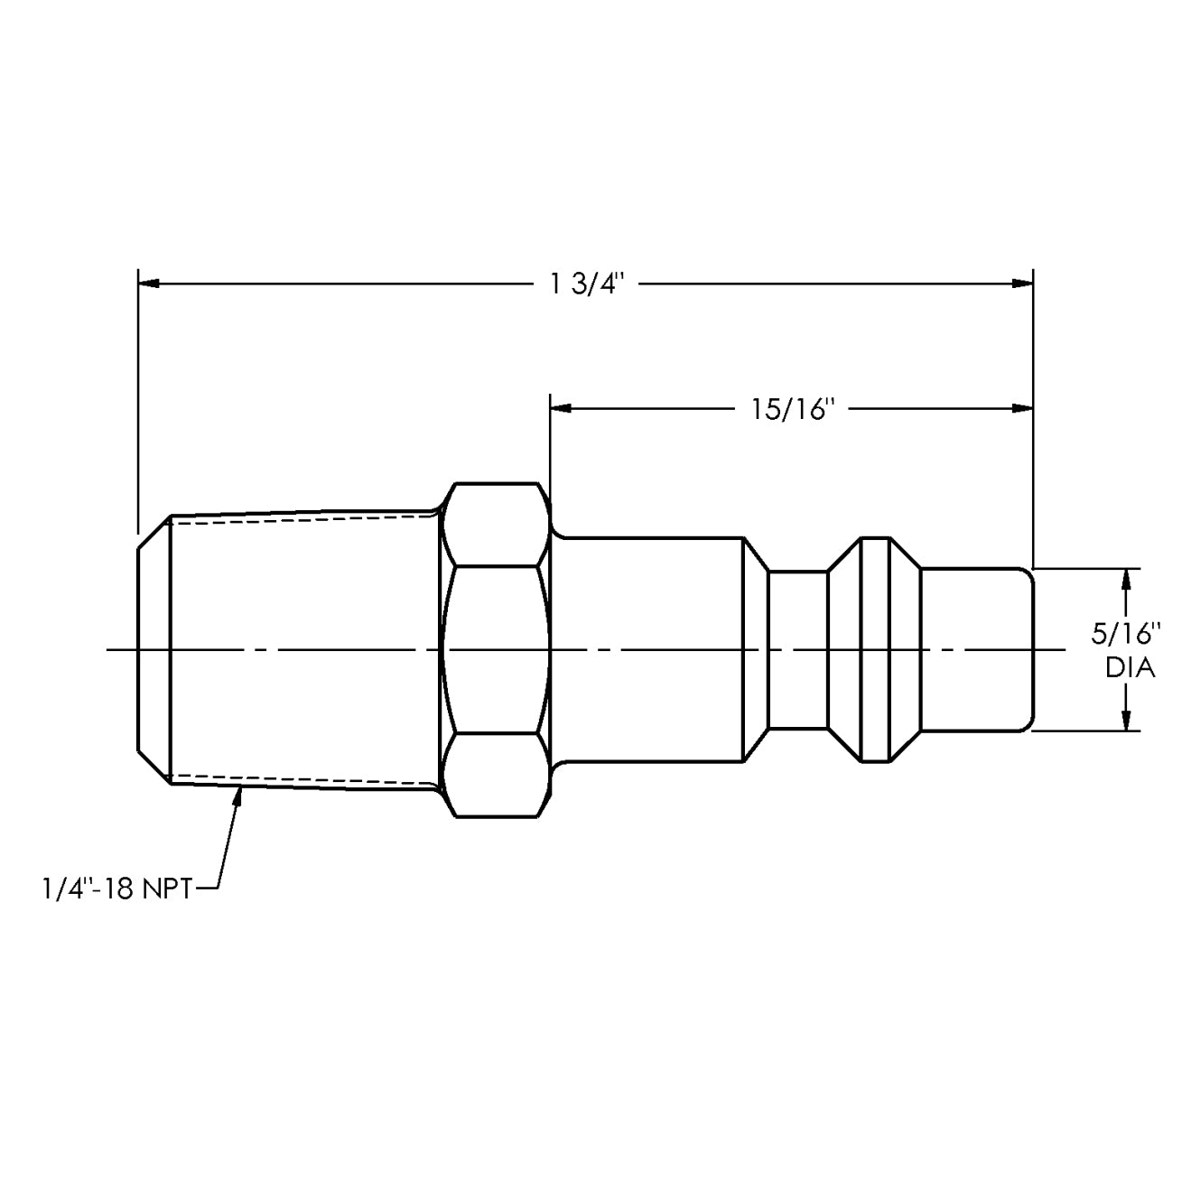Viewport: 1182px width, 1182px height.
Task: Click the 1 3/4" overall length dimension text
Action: click(587, 284)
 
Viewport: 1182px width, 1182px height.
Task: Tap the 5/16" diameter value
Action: click(1125, 633)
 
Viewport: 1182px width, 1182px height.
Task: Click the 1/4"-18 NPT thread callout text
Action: click(116, 889)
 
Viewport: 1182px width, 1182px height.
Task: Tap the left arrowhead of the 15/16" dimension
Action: click(561, 409)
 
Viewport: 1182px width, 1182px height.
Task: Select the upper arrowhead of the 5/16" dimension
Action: click(1126, 578)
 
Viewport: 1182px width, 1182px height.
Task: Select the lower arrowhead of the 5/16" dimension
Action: click(1126, 721)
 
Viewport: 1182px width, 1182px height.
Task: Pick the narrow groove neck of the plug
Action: click(797, 649)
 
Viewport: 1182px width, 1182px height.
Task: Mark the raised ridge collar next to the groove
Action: click(874, 649)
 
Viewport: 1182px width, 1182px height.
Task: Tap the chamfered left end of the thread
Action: click(153, 649)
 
